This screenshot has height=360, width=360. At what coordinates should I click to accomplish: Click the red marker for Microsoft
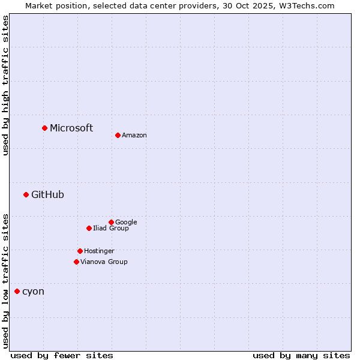[44, 128]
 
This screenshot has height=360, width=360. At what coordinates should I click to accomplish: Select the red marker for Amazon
[118, 135]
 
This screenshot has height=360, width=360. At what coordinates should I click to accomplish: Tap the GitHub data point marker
[26, 194]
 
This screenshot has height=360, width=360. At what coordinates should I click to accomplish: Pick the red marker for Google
[111, 222]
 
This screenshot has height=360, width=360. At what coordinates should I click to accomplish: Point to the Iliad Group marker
[89, 228]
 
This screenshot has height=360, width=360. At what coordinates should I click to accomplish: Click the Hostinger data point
[80, 251]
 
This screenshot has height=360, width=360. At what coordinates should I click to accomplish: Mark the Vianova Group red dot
[76, 262]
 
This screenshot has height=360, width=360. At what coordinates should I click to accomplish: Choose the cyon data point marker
[17, 291]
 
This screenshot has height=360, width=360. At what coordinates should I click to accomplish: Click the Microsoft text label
[71, 128]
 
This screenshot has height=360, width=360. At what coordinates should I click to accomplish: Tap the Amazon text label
[134, 136]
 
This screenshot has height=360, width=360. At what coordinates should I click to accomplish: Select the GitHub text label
[47, 194]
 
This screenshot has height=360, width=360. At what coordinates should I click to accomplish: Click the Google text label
[126, 222]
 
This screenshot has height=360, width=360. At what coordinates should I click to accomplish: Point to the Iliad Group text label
[111, 228]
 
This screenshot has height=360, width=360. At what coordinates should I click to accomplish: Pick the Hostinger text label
[99, 251]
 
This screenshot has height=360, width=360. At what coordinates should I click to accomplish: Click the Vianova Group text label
[104, 262]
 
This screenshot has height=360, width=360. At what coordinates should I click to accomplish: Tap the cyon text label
[33, 292]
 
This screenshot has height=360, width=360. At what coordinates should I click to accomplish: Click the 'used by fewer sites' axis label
[62, 355]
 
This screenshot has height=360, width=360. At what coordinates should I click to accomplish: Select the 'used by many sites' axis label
[301, 355]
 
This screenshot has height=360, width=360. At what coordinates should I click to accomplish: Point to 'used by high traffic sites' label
[5, 85]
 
